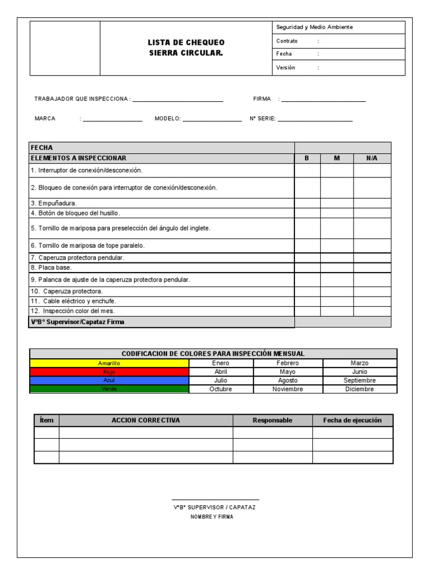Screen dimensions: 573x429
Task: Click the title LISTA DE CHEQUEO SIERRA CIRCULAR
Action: (186, 48)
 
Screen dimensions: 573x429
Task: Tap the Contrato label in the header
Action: (287, 41)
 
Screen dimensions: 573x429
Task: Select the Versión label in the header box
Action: (285, 68)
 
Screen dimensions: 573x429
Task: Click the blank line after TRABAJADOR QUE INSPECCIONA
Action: (178, 101)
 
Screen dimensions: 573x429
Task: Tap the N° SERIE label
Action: (263, 119)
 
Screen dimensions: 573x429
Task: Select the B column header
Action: (307, 158)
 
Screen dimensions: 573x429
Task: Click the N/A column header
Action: (372, 158)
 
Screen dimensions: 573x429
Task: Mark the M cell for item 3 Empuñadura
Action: (337, 203)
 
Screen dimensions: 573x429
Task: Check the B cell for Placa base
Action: (307, 267)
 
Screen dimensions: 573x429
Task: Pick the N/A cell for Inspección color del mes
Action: (372, 311)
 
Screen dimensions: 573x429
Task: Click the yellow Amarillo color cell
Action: (109, 363)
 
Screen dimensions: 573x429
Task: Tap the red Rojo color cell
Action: (109, 372)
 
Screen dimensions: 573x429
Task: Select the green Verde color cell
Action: (109, 389)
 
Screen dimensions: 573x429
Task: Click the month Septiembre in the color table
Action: (359, 381)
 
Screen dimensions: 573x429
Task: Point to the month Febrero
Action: (287, 363)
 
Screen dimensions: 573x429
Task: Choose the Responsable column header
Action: (272, 420)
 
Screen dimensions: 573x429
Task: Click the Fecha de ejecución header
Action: (352, 420)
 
